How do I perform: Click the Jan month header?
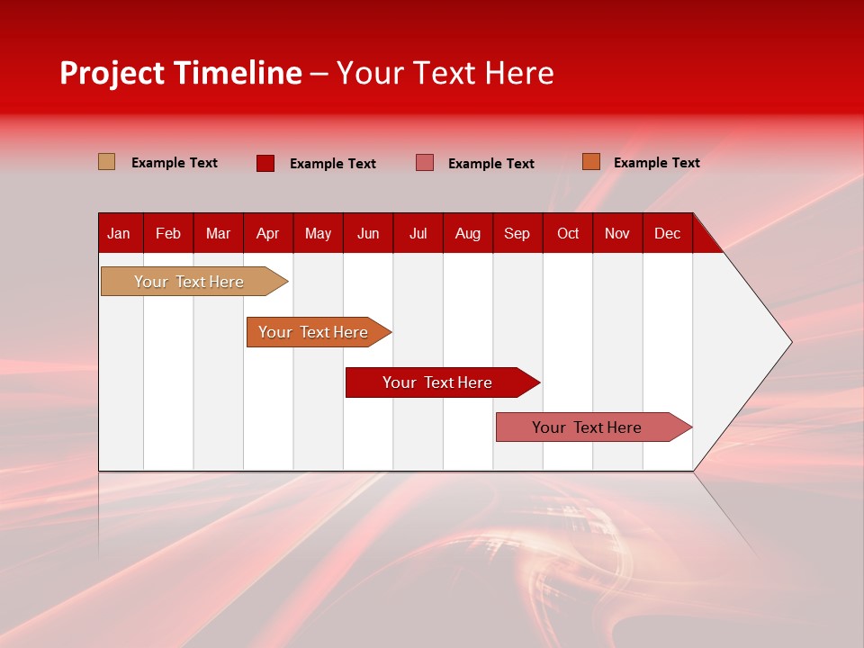(x=119, y=234)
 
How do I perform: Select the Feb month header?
(x=168, y=234)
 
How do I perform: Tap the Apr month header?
(x=267, y=234)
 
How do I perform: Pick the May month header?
(x=318, y=234)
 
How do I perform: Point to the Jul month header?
(x=418, y=234)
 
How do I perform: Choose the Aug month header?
(x=468, y=234)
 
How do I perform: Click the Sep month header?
(x=517, y=234)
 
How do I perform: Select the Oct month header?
(x=568, y=234)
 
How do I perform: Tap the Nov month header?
(x=617, y=234)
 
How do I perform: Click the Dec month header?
(x=667, y=234)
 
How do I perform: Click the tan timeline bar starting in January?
(x=189, y=282)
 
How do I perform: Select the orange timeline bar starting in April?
(x=313, y=332)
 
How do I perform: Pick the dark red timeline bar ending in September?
(x=437, y=382)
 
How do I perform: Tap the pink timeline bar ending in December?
(x=587, y=427)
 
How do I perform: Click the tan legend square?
(x=107, y=162)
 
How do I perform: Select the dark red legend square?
(x=265, y=163)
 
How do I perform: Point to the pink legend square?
(x=425, y=163)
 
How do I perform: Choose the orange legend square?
(x=591, y=162)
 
